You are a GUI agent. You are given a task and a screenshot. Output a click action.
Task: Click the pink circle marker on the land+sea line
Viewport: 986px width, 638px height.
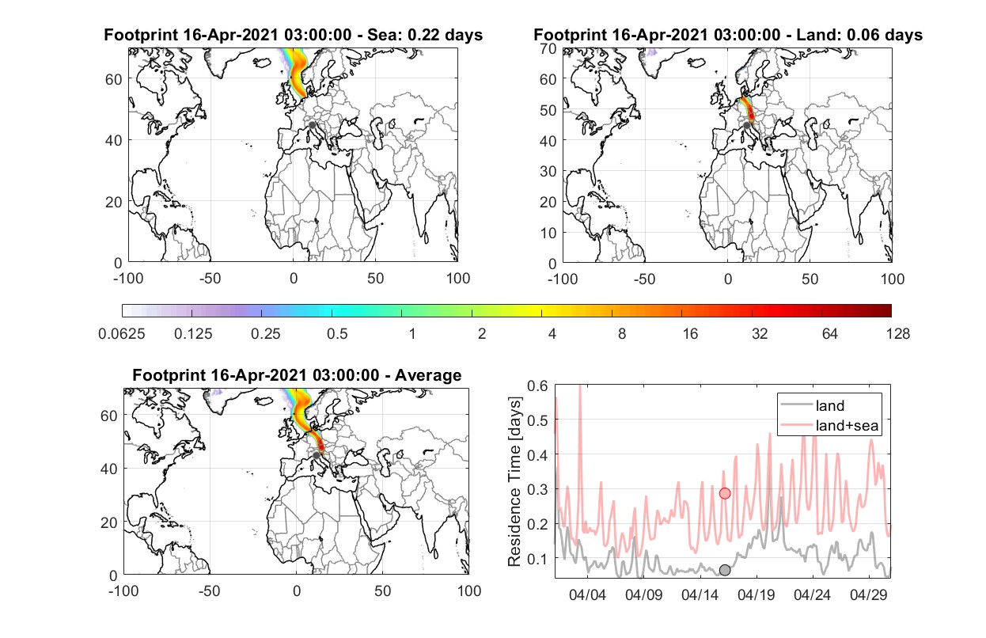pos(725,494)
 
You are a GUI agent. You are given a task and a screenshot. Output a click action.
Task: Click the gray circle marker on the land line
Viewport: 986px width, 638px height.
pos(725,570)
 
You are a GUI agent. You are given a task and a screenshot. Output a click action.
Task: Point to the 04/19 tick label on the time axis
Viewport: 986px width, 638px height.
pos(757,595)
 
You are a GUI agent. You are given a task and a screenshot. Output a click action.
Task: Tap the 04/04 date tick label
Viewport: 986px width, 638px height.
pos(588,595)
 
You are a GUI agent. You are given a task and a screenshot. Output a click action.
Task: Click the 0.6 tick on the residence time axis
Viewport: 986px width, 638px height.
pos(537,386)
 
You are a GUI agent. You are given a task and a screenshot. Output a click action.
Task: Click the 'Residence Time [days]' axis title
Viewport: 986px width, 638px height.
pos(514,482)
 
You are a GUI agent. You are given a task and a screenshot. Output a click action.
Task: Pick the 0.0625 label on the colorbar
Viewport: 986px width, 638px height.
pos(122,334)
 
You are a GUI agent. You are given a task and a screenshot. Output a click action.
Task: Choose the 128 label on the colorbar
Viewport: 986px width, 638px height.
pos(898,334)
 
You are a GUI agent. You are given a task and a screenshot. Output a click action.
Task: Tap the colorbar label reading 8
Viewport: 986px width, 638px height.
pos(621,334)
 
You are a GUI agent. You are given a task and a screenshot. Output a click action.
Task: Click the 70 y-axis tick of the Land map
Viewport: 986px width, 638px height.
pos(548,49)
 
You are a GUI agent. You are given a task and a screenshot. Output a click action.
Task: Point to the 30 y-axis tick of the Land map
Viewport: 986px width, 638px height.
pos(548,171)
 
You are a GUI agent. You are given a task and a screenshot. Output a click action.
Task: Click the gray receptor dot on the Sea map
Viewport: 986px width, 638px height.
pos(312,125)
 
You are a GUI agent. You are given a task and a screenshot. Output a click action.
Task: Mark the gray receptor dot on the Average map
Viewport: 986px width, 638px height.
pos(316,455)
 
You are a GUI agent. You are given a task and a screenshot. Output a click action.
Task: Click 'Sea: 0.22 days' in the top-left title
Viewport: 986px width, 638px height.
pos(425,35)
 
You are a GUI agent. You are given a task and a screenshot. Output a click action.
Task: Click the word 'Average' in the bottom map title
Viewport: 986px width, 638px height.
pos(428,375)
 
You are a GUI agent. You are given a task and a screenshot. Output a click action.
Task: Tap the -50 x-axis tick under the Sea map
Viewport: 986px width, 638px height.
pos(210,279)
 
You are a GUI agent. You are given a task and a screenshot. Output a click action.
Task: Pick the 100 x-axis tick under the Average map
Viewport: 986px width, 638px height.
pos(469,591)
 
